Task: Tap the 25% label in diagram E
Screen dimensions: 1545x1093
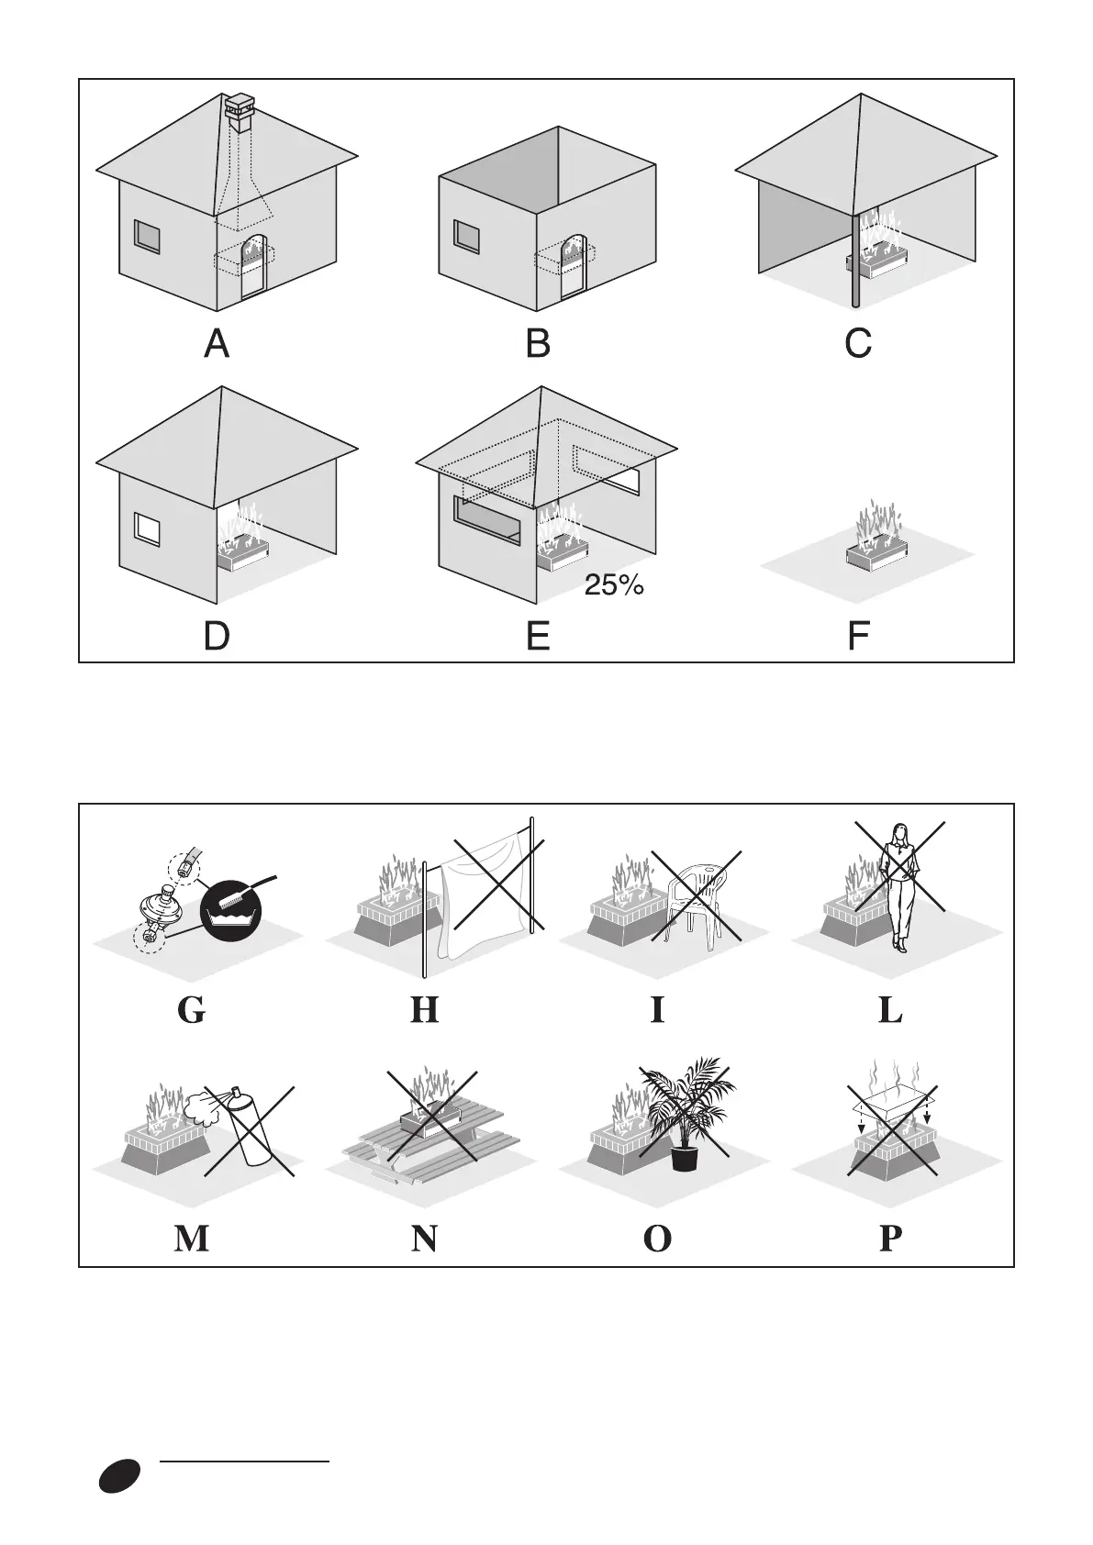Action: [x=614, y=585]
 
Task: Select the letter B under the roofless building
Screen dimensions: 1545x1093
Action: [x=538, y=344]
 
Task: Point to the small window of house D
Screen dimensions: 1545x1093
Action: [x=147, y=529]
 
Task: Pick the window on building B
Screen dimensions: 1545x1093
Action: [x=468, y=237]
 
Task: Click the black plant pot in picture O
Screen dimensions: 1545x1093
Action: [x=685, y=1156]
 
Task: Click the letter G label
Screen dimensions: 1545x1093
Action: [x=191, y=1010]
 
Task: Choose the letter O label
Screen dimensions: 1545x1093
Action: [x=657, y=1239]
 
